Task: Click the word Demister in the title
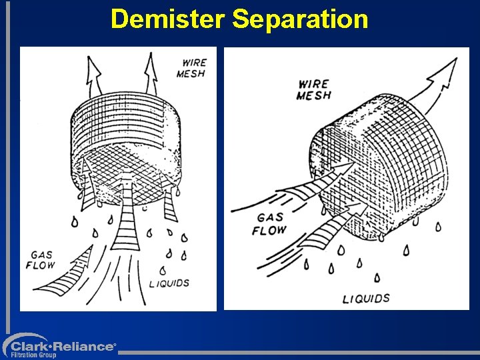(169, 19)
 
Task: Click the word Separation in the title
(300, 19)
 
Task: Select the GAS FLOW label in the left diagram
(41, 259)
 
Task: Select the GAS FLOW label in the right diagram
(269, 224)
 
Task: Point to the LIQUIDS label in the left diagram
(169, 283)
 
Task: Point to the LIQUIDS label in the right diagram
(365, 298)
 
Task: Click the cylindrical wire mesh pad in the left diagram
(127, 143)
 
